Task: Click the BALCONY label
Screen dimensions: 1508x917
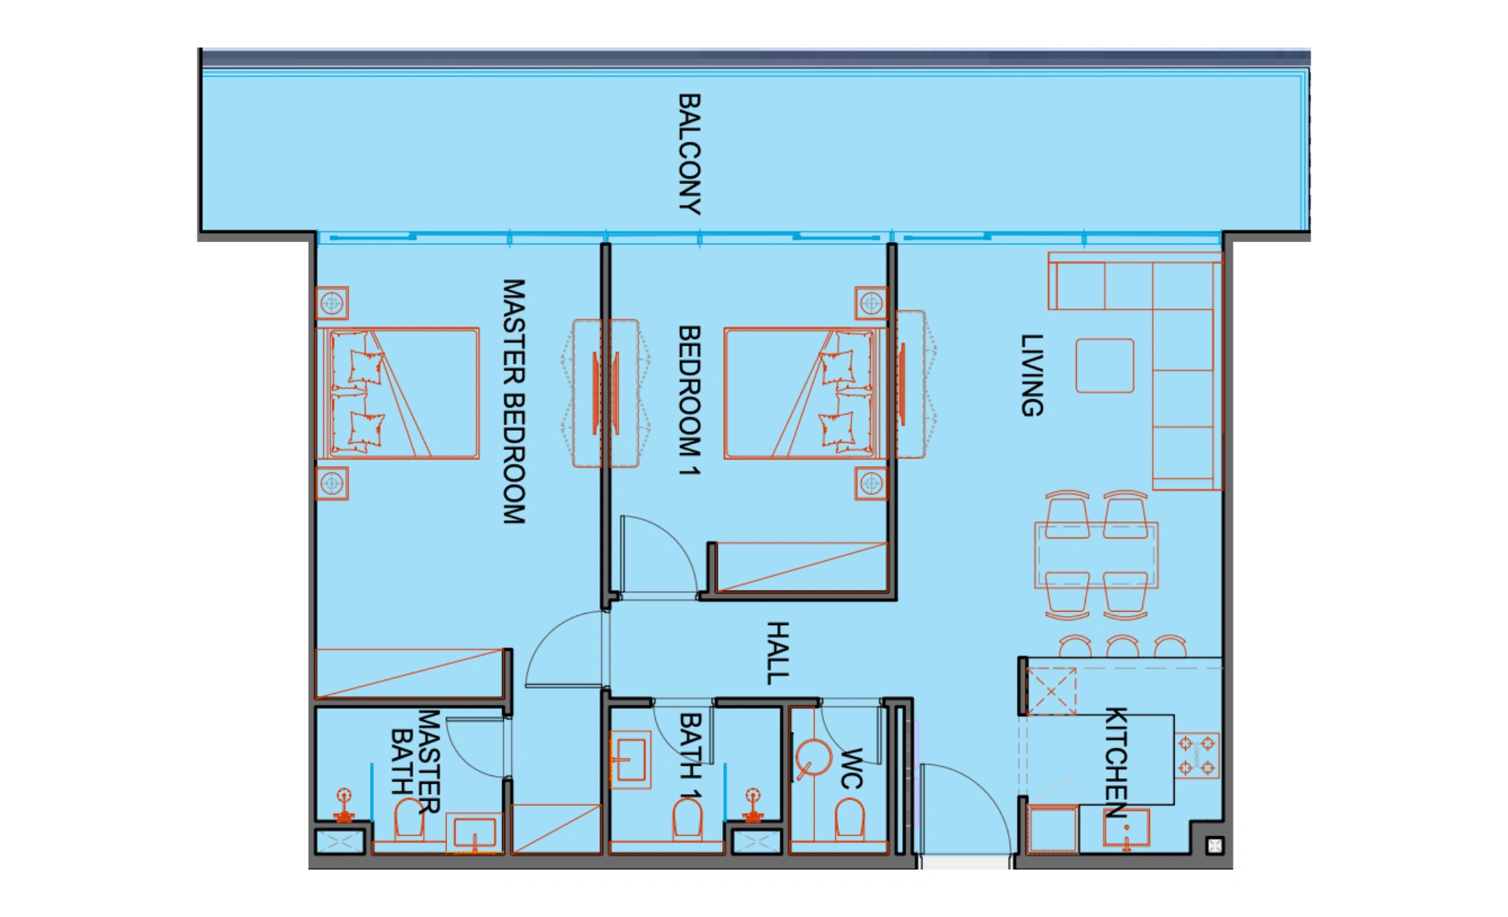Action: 690,154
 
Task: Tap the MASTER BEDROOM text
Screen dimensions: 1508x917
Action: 514,401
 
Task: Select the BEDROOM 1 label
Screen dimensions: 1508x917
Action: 690,400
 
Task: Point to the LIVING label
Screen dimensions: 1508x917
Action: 1032,376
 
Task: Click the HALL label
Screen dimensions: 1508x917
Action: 778,653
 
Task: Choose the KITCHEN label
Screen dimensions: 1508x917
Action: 1117,762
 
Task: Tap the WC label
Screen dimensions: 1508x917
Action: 851,768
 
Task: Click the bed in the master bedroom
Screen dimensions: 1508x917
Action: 397,393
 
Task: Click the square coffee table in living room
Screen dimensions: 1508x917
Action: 1105,366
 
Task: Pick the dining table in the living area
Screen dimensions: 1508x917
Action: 1096,555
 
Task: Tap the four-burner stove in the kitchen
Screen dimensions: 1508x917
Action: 1197,756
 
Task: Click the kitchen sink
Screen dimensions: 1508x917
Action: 1126,828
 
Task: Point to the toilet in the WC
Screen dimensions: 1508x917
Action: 850,819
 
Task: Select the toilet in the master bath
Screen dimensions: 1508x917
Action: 409,819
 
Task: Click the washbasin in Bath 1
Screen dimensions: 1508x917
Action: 630,759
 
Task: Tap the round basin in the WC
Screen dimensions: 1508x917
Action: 814,759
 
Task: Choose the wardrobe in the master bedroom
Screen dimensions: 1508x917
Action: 410,673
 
